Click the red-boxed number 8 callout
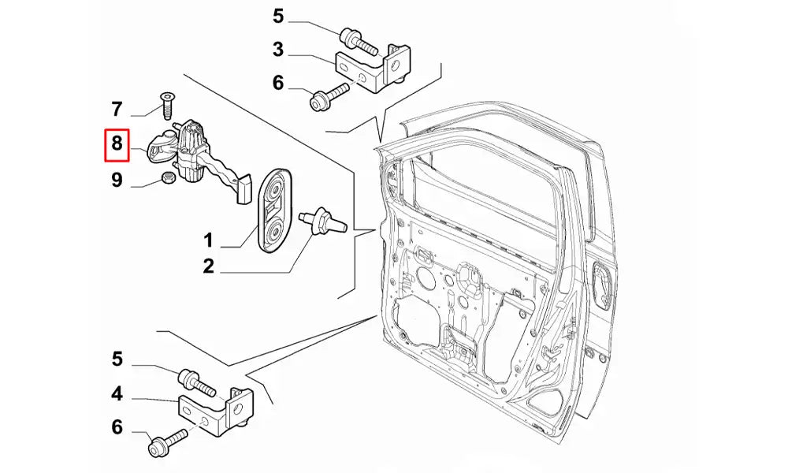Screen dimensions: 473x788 click(x=117, y=143)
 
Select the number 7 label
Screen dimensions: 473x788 click(x=117, y=108)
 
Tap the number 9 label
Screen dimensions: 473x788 click(x=117, y=181)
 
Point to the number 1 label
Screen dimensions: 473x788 click(x=209, y=240)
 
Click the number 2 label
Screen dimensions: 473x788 click(x=209, y=266)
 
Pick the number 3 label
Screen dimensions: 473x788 click(x=277, y=50)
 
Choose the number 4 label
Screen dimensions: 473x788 click(x=117, y=393)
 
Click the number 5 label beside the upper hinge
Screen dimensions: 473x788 click(x=277, y=16)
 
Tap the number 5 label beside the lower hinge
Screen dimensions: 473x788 click(x=117, y=359)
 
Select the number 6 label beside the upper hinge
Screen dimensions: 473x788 click(x=277, y=84)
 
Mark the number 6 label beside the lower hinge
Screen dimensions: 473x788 click(x=117, y=427)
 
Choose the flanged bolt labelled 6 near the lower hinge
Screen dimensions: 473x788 click(x=165, y=441)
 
